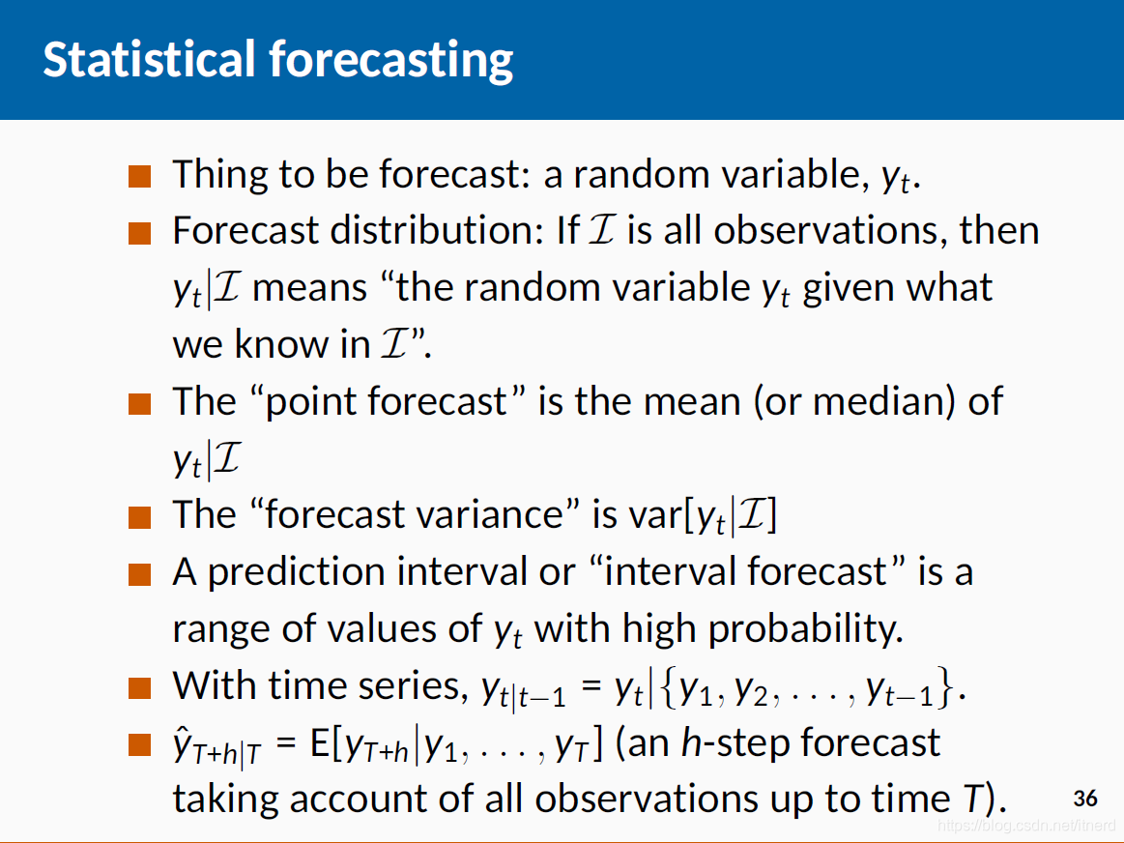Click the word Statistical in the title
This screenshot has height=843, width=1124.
[149, 59]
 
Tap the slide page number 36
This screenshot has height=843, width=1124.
[1085, 799]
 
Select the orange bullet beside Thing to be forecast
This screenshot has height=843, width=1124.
[140, 176]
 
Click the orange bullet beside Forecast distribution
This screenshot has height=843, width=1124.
[140, 233]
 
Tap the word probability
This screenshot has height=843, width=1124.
[805, 629]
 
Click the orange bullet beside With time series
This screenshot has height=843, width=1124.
[140, 688]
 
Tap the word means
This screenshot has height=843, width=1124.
[309, 289]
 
